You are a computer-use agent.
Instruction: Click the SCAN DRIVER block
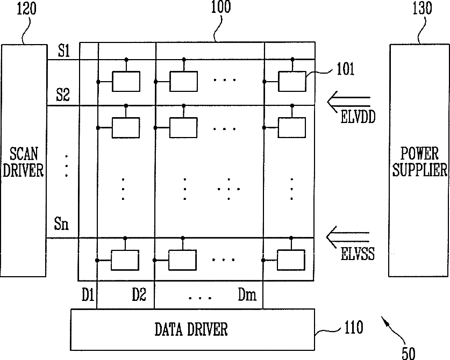click(24, 161)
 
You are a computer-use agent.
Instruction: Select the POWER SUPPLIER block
click(419, 161)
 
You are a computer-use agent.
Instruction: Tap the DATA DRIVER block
click(192, 329)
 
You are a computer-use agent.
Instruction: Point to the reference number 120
click(27, 9)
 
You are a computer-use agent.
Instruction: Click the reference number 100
click(220, 7)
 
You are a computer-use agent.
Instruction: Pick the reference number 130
click(422, 8)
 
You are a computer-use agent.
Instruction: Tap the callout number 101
click(345, 69)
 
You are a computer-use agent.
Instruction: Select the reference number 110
click(354, 327)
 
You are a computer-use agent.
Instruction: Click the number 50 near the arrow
click(409, 353)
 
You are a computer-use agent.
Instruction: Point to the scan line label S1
click(64, 52)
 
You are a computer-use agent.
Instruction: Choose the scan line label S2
click(62, 95)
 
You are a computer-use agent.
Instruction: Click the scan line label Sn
click(61, 224)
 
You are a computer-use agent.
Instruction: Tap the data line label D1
click(88, 294)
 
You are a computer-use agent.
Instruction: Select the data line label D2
click(139, 294)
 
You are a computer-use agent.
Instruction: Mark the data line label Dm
click(247, 294)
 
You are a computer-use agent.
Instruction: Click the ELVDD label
click(358, 117)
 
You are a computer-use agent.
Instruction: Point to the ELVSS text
click(358, 254)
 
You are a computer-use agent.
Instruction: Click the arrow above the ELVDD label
click(349, 102)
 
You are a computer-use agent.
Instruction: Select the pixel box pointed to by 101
click(292, 82)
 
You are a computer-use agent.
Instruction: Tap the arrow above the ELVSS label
click(348, 236)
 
